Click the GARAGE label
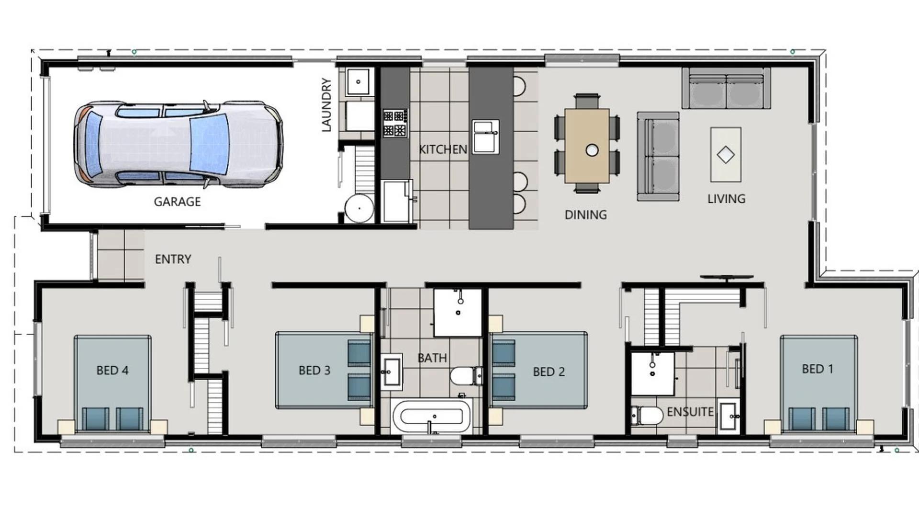click(177, 202)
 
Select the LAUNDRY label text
click(326, 105)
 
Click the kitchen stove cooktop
click(395, 123)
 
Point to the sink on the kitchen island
click(485, 136)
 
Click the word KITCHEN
click(443, 149)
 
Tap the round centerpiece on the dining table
click(592, 150)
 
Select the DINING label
click(585, 215)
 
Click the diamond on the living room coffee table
click(726, 155)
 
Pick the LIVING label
click(726, 199)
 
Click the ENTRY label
click(173, 259)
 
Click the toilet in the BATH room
click(464, 376)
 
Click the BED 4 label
click(112, 370)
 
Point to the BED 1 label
click(818, 369)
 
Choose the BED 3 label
click(314, 371)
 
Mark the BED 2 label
click(549, 372)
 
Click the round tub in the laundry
click(359, 208)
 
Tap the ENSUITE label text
click(690, 412)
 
